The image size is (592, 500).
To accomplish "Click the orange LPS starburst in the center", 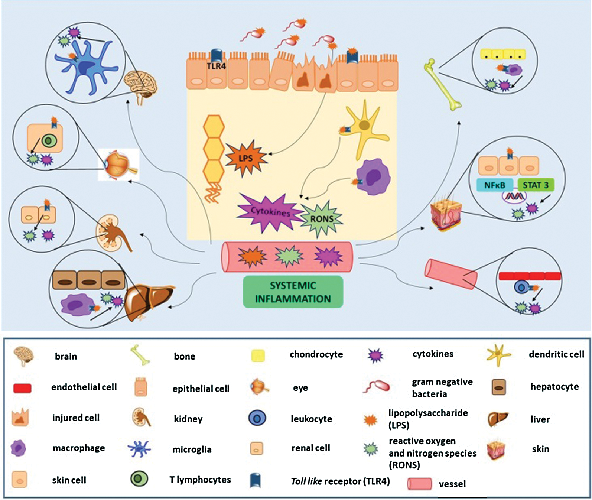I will (x=245, y=158).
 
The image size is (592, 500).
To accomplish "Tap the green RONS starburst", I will (x=322, y=219).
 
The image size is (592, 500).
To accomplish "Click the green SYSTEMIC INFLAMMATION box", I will (x=293, y=292).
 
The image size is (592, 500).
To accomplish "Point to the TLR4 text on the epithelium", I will (x=216, y=66).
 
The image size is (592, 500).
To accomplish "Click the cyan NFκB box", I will (x=494, y=185).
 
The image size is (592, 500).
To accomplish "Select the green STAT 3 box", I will (x=535, y=185).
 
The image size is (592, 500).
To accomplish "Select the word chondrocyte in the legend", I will (x=316, y=354).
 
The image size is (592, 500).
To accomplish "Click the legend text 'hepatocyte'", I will (x=554, y=387).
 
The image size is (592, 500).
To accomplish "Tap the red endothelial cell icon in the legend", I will (x=22, y=388).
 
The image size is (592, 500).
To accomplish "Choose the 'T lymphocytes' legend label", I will (x=200, y=480).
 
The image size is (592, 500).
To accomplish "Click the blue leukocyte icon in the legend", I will (x=257, y=418).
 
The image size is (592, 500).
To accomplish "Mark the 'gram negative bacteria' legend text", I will (x=442, y=388).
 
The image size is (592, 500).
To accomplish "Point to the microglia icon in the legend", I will (x=139, y=449).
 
